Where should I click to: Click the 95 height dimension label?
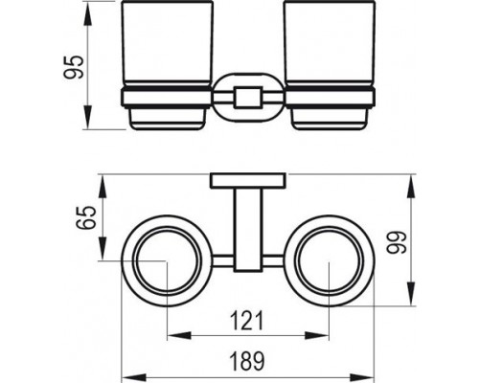click(74, 67)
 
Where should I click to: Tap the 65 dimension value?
click(86, 217)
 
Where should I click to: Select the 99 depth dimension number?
click(396, 242)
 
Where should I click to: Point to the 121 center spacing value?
click(247, 321)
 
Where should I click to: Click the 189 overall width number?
click(247, 361)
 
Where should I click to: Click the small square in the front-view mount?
click(248, 97)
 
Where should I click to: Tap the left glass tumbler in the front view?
click(167, 43)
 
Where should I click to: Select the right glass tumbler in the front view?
click(330, 43)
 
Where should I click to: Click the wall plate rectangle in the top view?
click(248, 181)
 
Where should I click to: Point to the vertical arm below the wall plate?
click(248, 230)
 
